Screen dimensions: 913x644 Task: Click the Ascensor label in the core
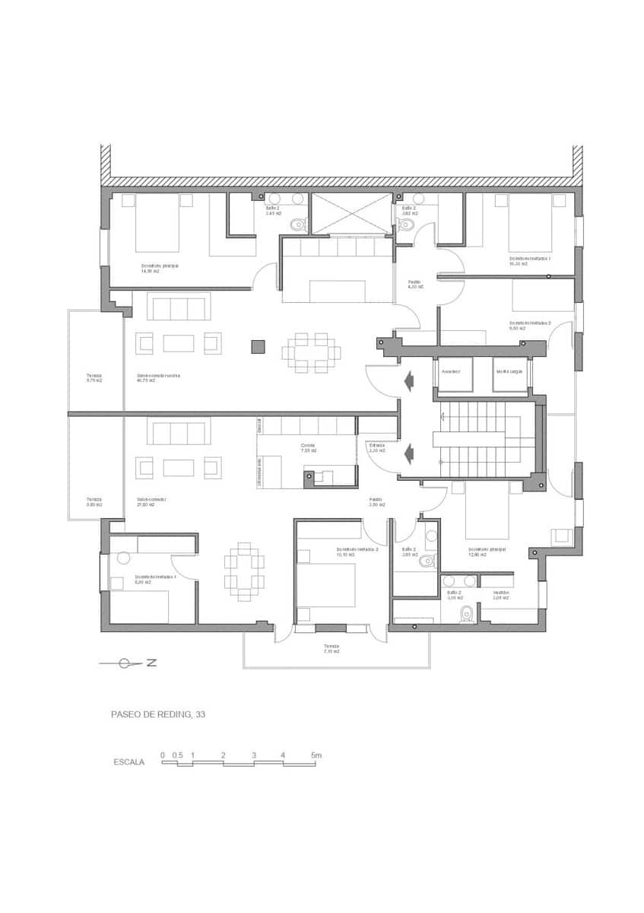tap(451, 371)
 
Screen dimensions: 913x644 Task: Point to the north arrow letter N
tap(151, 663)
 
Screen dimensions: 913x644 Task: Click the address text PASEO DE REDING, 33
tap(158, 714)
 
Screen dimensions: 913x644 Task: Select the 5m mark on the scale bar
tap(316, 756)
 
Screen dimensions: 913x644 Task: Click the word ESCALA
tap(129, 762)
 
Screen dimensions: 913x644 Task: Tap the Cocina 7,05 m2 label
tap(307, 448)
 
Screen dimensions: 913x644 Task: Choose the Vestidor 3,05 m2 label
tap(500, 595)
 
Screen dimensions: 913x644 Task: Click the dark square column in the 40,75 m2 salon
tap(258, 347)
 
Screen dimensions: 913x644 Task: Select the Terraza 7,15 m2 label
tap(331, 648)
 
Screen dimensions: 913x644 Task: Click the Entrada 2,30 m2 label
tap(377, 448)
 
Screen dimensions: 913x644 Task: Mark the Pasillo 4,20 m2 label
tap(415, 284)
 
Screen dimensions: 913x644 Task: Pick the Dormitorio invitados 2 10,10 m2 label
tap(357, 552)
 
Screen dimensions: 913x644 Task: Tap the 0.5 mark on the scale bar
tap(177, 756)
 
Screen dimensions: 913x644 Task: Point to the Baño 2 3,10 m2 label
tap(454, 595)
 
